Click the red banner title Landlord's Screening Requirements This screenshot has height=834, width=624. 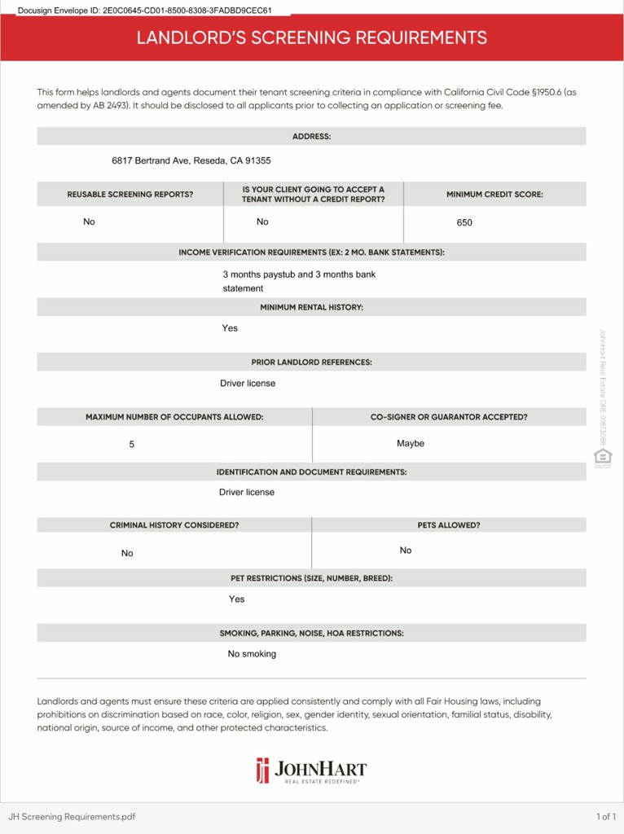[x=311, y=37]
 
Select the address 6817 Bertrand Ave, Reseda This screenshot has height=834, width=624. [x=191, y=160]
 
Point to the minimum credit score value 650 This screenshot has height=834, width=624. [x=464, y=222]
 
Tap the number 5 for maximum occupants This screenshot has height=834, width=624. [x=132, y=445]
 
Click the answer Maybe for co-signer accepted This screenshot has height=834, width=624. [x=411, y=444]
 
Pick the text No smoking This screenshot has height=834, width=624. [x=252, y=654]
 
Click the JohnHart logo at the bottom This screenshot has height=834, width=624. [x=311, y=770]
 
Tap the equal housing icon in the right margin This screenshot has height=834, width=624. [x=603, y=457]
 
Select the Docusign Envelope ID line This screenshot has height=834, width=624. [x=145, y=11]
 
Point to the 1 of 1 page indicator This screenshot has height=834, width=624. [x=605, y=816]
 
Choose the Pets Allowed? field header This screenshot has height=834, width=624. [x=449, y=525]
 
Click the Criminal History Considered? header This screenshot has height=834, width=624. [x=174, y=525]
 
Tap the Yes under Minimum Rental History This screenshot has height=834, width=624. [x=230, y=328]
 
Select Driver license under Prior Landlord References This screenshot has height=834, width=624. [x=248, y=384]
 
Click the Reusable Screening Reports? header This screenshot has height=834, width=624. [x=130, y=195]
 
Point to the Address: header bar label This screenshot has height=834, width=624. [x=311, y=136]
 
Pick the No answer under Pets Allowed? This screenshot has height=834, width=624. [x=406, y=551]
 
